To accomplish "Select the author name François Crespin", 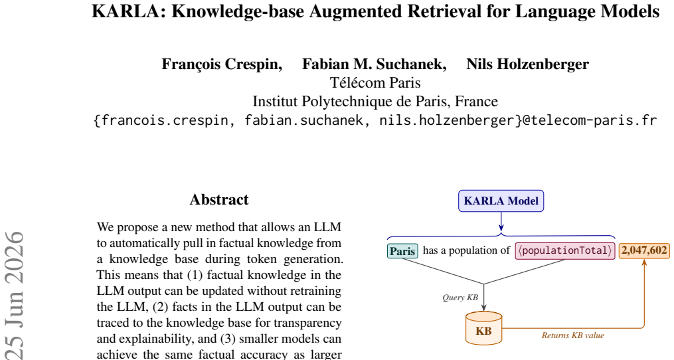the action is (x=221, y=64).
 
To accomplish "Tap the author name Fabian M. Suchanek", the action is (x=374, y=64).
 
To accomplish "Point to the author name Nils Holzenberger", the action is (x=527, y=64).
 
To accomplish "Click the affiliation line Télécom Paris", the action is (x=375, y=82).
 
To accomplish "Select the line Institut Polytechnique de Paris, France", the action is (x=375, y=102).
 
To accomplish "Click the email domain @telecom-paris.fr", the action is (x=589, y=120).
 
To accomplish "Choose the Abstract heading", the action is (x=219, y=199).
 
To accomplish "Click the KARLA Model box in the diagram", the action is (x=501, y=201).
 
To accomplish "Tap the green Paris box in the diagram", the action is (x=402, y=251).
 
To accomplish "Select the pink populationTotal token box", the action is (x=565, y=251).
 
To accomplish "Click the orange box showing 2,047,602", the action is (x=644, y=250).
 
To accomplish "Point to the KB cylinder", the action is (x=483, y=329).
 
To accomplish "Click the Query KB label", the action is (x=460, y=298).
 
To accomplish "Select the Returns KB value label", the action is (x=572, y=335).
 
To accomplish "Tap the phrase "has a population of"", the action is (x=466, y=250).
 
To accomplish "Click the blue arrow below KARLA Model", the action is (x=501, y=221).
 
